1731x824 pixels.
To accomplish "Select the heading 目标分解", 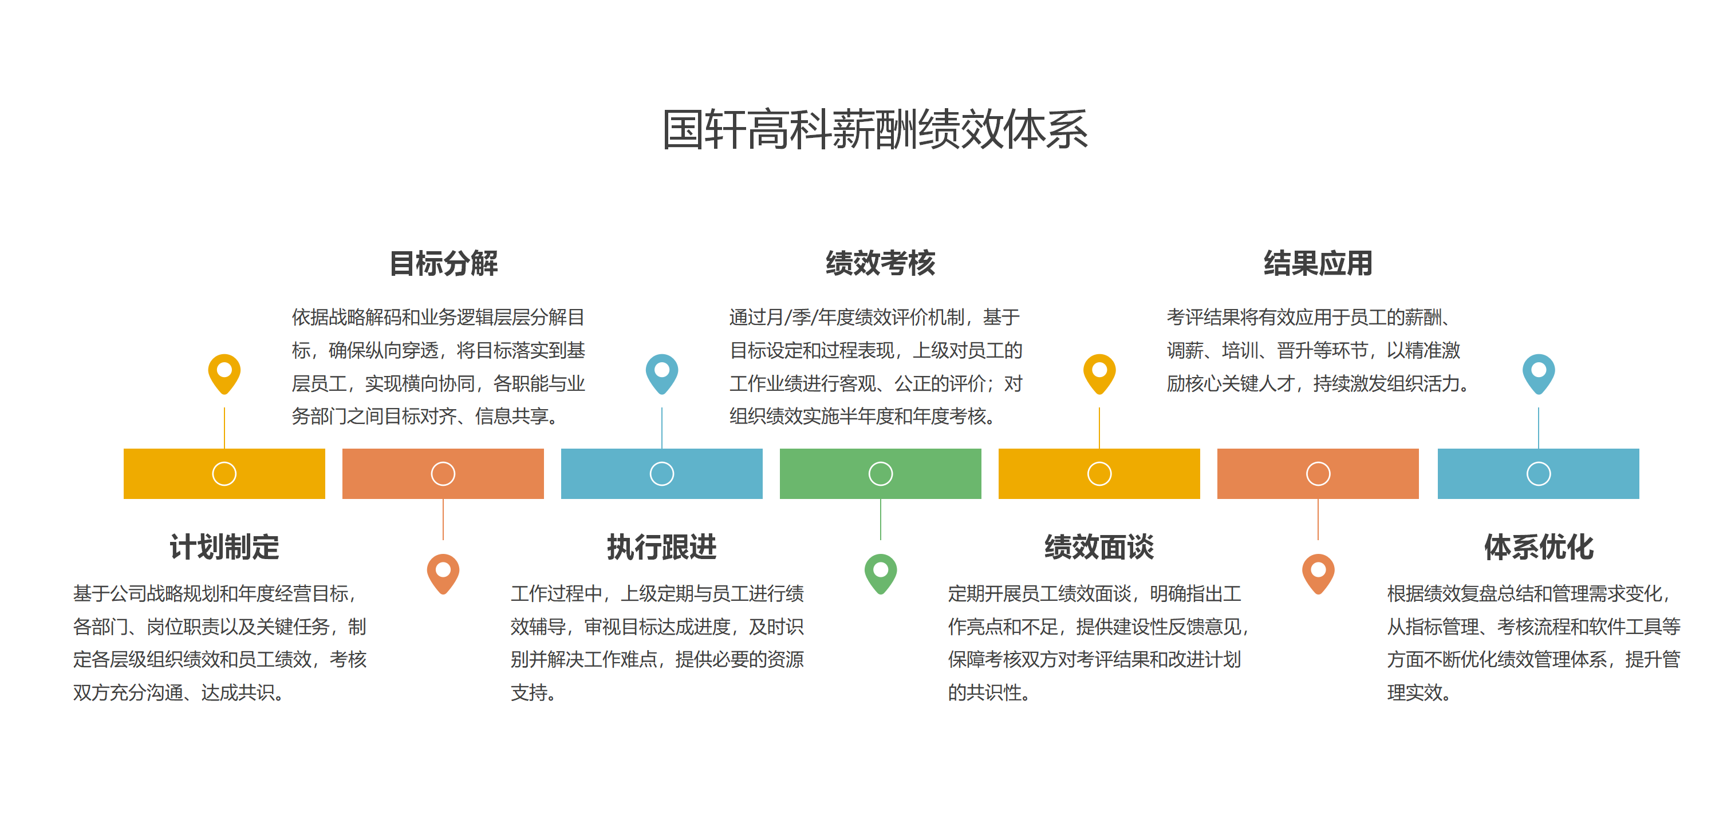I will pyautogui.click(x=444, y=263).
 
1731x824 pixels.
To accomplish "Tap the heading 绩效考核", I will pyautogui.click(x=880, y=263).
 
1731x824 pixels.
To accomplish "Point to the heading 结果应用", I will pyautogui.click(x=1318, y=263).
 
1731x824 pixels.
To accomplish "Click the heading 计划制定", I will pyautogui.click(x=224, y=546).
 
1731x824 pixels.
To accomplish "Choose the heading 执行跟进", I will pyautogui.click(x=662, y=546).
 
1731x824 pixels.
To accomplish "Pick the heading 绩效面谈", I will pyautogui.click(x=1099, y=546).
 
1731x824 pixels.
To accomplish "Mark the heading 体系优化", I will pyautogui.click(x=1539, y=546).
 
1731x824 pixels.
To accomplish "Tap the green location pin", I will pyautogui.click(x=880, y=572).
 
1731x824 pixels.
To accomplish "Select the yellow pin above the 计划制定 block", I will pyautogui.click(x=224, y=373).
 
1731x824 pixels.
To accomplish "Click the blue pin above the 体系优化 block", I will pyautogui.click(x=1538, y=373).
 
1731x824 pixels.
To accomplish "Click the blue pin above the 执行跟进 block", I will pyautogui.click(x=662, y=373).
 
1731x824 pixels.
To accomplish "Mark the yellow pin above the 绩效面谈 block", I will pyautogui.click(x=1099, y=373).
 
